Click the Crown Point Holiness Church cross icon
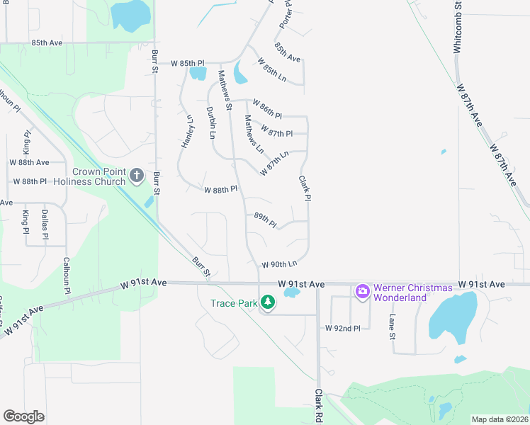pyautogui.click(x=137, y=175)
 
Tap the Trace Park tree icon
pyautogui.click(x=267, y=303)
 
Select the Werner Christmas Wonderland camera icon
pyautogui.click(x=363, y=291)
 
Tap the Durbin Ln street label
pyautogui.click(x=211, y=122)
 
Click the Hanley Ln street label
pyautogui.click(x=188, y=131)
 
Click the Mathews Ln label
pyautogui.click(x=254, y=135)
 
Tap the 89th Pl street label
pyautogui.click(x=265, y=219)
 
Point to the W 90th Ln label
pyautogui.click(x=278, y=264)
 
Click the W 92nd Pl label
pyautogui.click(x=343, y=328)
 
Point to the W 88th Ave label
pyautogui.click(x=29, y=162)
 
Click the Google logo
pyautogui.click(x=23, y=416)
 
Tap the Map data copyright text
pyautogui.click(x=500, y=419)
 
